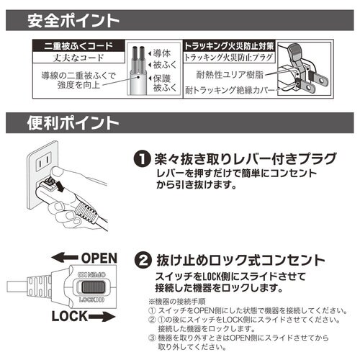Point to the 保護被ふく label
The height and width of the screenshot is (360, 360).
click(x=160, y=83)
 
